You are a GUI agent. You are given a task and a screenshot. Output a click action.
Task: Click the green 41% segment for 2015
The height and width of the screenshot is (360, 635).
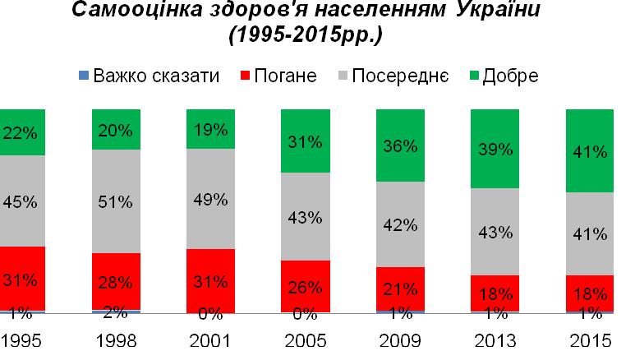589,150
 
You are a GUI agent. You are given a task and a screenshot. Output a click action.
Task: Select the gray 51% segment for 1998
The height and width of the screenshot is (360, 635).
117,201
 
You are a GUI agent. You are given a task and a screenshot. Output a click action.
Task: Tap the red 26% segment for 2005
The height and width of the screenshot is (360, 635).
304,286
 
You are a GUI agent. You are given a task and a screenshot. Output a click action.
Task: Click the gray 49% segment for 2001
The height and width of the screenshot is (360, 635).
210,199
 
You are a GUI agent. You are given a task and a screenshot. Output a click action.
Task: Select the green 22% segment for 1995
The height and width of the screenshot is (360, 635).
21,132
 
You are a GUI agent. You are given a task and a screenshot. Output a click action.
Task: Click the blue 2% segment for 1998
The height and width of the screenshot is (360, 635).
117,312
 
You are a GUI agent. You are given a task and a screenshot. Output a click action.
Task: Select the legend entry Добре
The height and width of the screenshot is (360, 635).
509,76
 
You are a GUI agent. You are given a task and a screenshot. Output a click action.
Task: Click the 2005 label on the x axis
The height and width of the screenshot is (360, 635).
304,340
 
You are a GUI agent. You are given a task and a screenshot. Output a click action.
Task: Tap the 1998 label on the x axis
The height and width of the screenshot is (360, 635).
117,340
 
